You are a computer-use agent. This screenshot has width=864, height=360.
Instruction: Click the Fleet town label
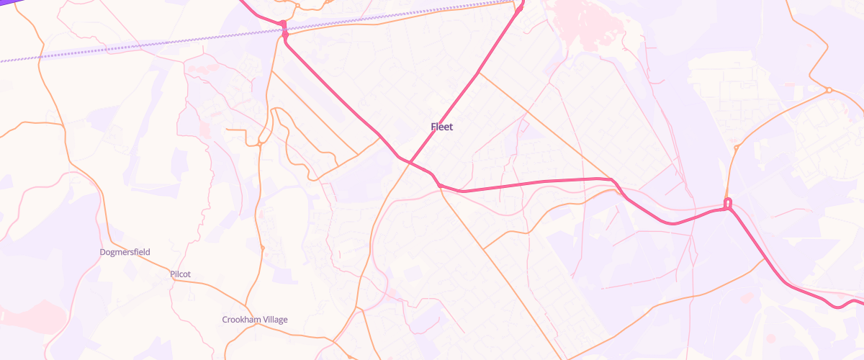point(442,127)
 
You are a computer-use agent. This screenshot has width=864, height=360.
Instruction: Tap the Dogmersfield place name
point(125,252)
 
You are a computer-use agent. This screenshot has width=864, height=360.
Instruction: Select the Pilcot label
point(180,274)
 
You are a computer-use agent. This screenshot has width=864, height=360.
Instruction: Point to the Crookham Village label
point(254,319)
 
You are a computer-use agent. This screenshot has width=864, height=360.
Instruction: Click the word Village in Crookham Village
point(274,319)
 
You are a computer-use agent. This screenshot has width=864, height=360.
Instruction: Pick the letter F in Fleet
point(433,127)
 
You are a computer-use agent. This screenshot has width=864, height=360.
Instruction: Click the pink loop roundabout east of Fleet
point(727,204)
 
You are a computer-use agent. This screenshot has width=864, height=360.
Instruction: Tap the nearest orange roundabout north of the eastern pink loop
point(736,148)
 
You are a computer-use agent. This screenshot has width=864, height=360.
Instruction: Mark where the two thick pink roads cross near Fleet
point(410,162)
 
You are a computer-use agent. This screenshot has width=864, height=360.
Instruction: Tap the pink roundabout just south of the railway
point(285,34)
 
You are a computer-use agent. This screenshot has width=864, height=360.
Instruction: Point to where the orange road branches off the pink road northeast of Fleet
point(478,73)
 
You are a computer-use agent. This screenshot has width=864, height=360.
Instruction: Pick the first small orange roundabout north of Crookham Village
point(262,248)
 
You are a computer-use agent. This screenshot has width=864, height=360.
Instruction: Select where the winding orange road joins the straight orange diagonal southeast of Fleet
point(483,249)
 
